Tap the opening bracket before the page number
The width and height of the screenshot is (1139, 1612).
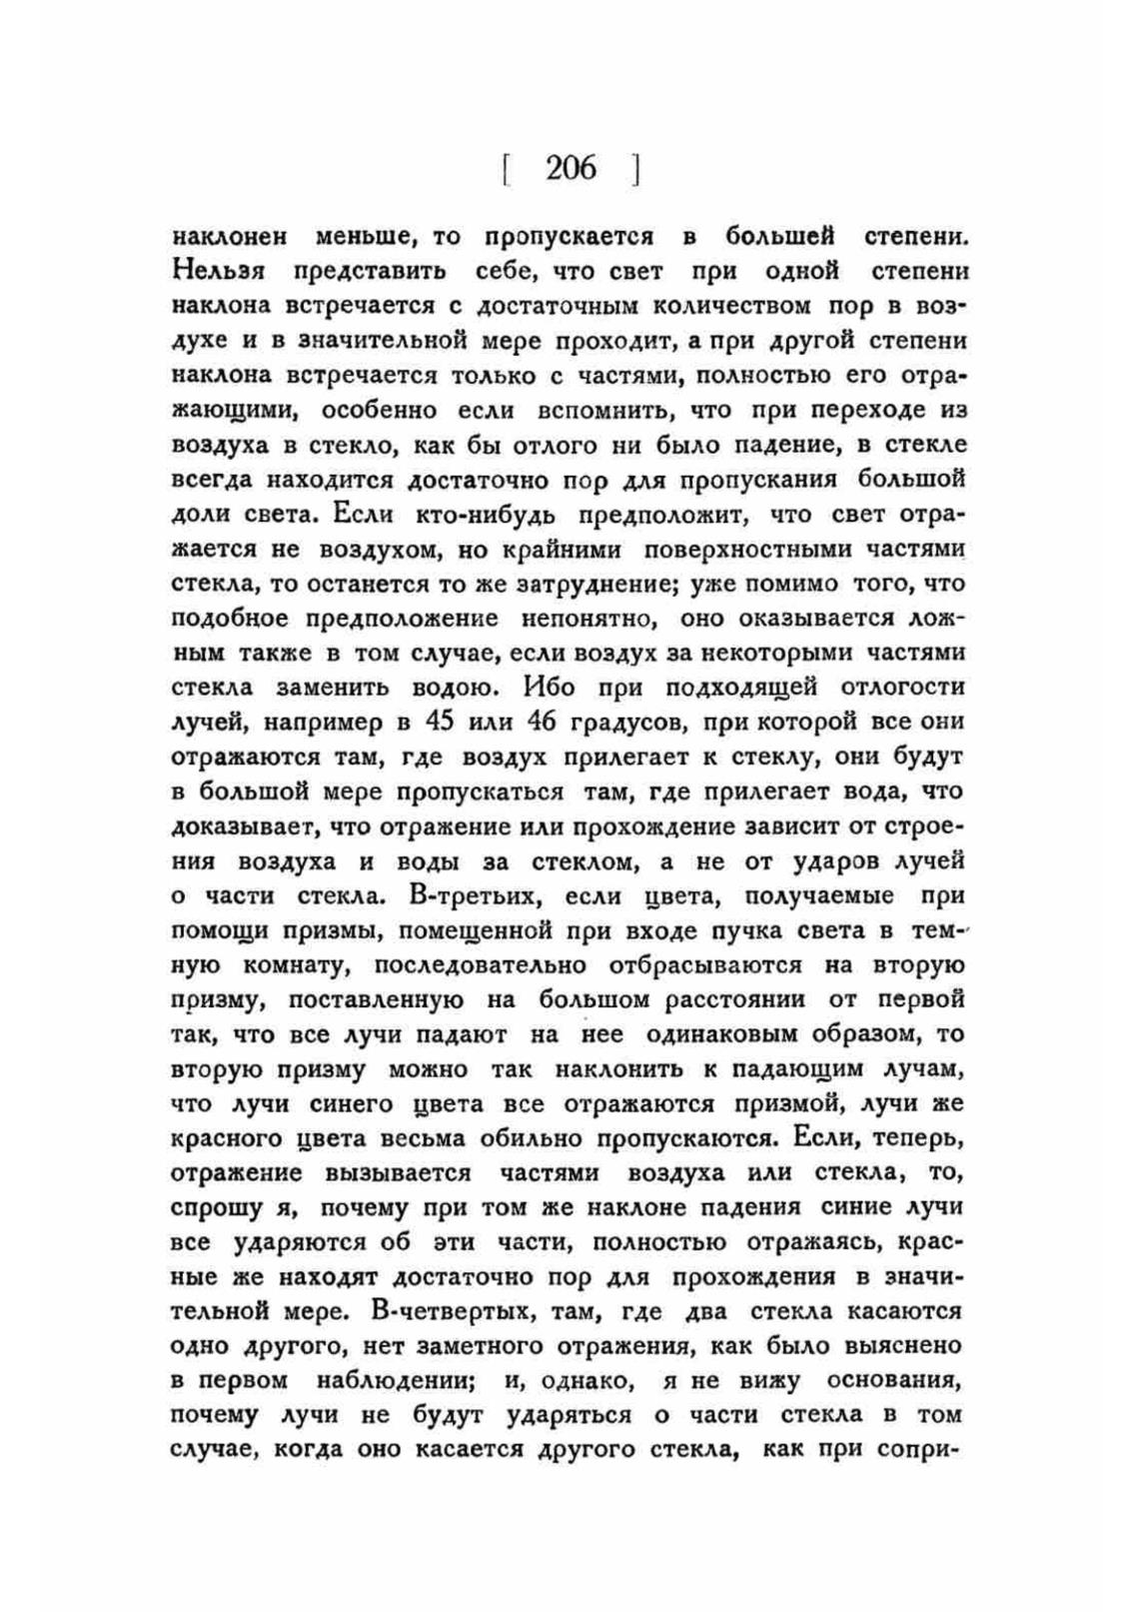507,168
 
